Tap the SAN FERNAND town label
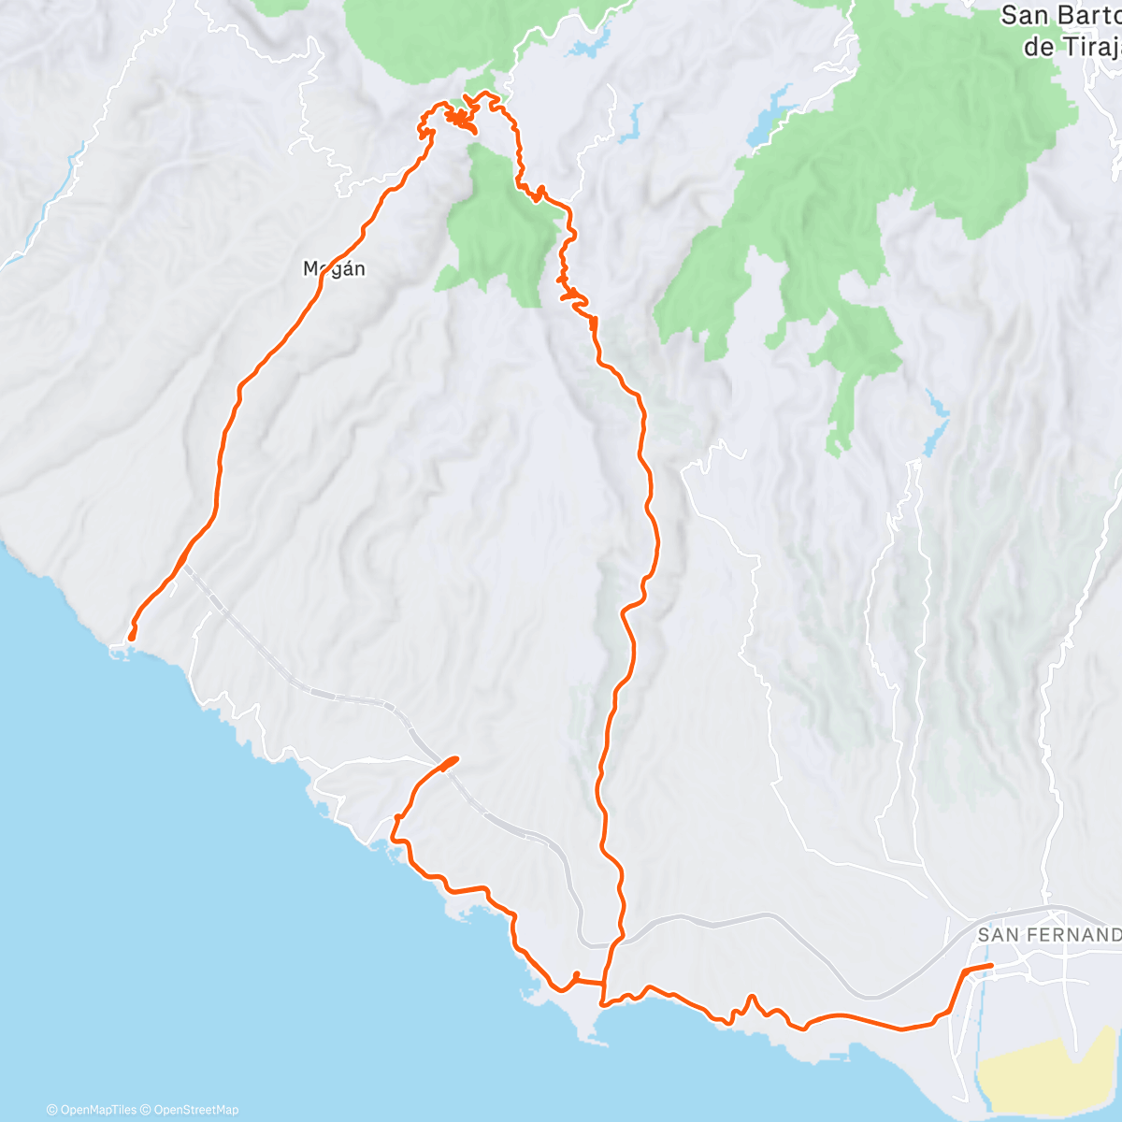(1047, 934)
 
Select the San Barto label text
(1060, 16)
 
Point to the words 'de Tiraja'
(1072, 48)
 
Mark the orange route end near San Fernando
(990, 966)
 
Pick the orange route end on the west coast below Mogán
(132, 638)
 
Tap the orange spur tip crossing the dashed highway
(455, 758)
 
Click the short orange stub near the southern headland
(576, 976)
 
